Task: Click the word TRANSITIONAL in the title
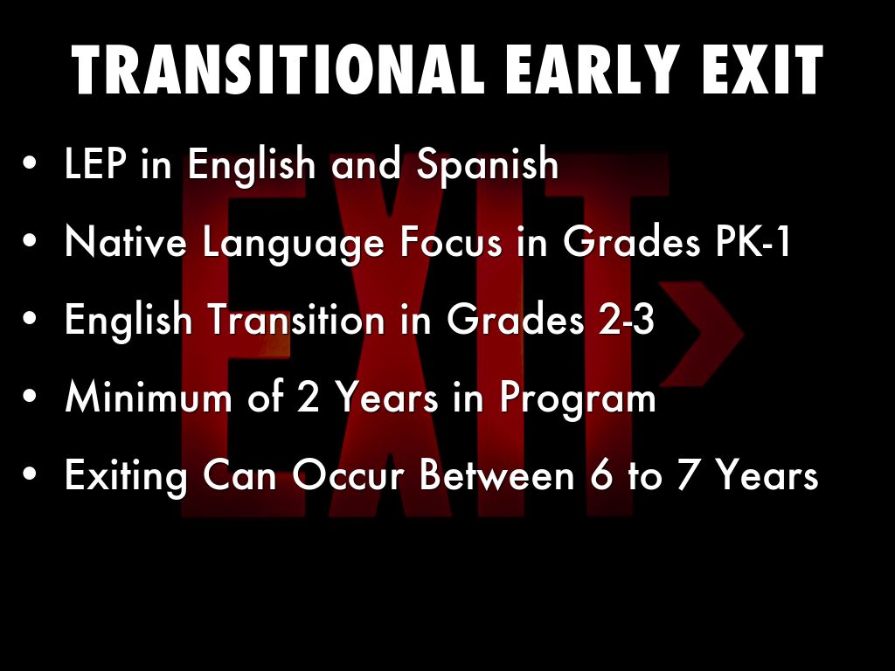pyautogui.click(x=277, y=70)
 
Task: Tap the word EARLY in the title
pyautogui.click(x=592, y=70)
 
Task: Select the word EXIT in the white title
pyautogui.click(x=762, y=70)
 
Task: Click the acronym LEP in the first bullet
pyautogui.click(x=94, y=163)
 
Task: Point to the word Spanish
pyautogui.click(x=488, y=165)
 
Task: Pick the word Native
pyautogui.click(x=126, y=241)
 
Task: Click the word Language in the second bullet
pyautogui.click(x=294, y=244)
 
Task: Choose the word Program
pyautogui.click(x=579, y=399)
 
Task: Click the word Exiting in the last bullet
pyautogui.click(x=126, y=476)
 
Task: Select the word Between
pyautogui.click(x=496, y=474)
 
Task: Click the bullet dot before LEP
pyautogui.click(x=31, y=163)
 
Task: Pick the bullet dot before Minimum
pyautogui.click(x=31, y=397)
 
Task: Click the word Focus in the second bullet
pyautogui.click(x=451, y=241)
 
